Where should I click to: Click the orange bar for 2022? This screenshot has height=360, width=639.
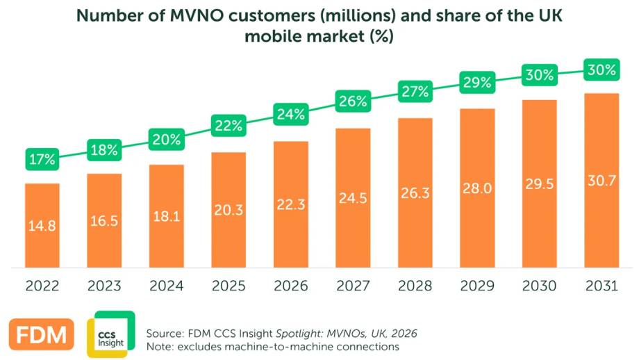42,225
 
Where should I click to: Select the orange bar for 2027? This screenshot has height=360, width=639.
353,198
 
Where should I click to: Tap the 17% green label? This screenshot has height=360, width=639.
42,159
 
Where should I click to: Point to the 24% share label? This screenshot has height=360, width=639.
290,114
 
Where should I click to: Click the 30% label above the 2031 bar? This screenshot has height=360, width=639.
601,69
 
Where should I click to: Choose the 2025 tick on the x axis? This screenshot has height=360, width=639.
229,286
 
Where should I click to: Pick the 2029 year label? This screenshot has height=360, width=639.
477,286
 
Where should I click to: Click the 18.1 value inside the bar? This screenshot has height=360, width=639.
166,216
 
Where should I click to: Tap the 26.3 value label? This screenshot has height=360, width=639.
415,193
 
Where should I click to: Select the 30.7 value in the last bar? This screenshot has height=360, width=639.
601,181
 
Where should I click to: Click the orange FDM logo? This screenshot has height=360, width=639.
41,334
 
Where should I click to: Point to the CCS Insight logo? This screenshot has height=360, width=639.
111,334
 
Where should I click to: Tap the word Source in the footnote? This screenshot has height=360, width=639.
165,334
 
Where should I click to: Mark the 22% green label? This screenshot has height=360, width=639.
229,126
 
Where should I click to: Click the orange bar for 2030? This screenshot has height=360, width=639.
540,183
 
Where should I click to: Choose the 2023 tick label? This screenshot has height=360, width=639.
104,286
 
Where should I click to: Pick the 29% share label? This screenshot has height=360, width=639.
477,83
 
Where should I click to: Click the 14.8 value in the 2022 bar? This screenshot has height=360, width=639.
42,225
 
